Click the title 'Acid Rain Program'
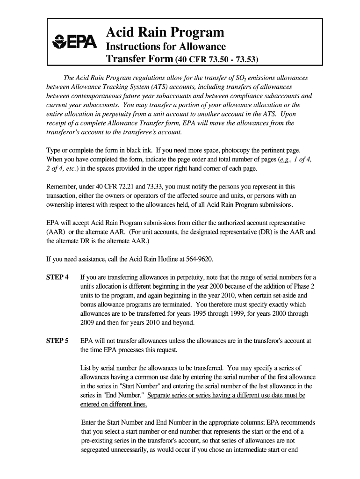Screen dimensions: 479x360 [x=165, y=32]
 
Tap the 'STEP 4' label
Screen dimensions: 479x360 [x=58, y=277]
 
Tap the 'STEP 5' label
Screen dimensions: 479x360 [x=58, y=341]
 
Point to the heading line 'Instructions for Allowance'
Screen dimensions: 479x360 [x=166, y=46]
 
